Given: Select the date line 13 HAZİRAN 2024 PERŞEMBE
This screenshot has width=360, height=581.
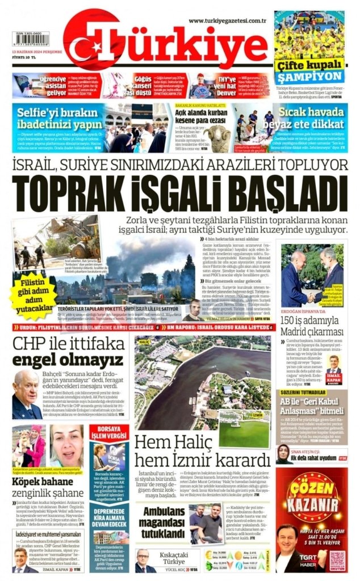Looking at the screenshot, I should tap(36, 50).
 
